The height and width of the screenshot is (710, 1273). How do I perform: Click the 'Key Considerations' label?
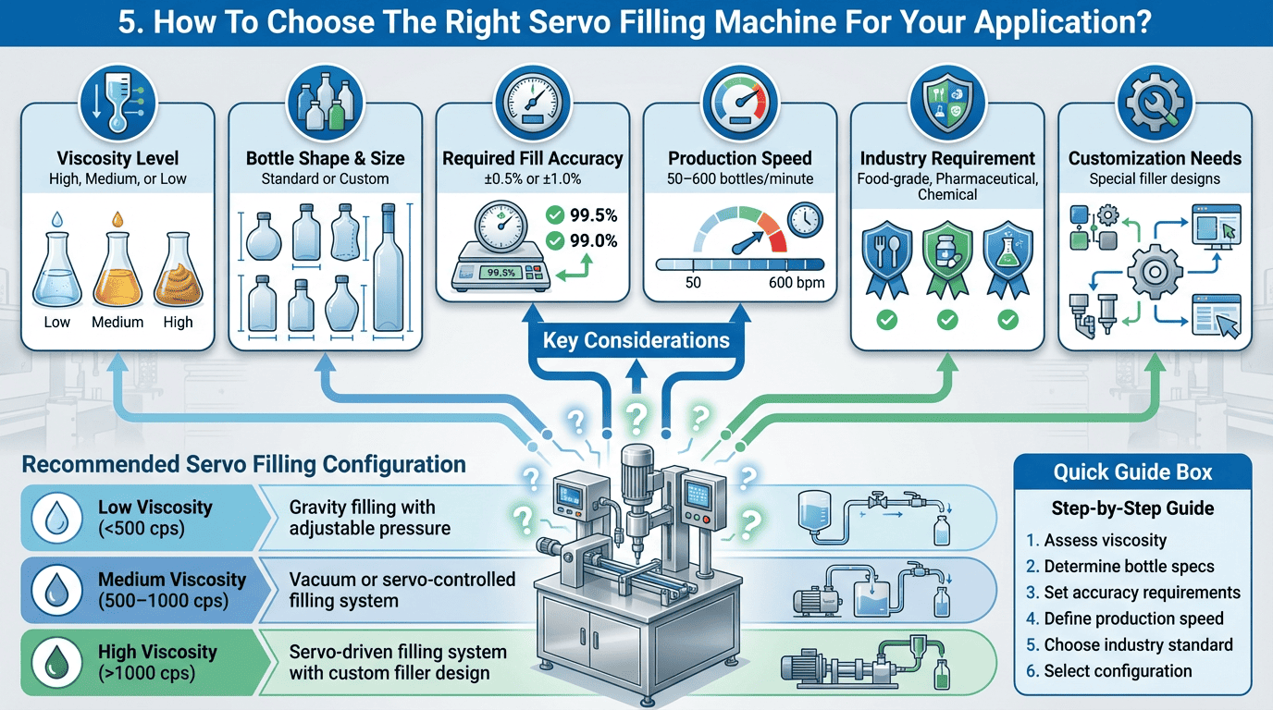coord(636,341)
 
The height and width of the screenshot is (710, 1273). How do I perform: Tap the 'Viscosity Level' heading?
coord(117,158)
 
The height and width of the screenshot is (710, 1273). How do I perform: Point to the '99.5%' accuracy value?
coord(593,216)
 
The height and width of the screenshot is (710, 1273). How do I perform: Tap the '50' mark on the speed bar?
coord(693,283)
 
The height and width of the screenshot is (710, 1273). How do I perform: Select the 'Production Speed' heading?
coord(739,158)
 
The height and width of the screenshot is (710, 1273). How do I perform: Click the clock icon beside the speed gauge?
coord(806,220)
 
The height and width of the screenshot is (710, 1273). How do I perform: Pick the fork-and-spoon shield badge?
coord(886,256)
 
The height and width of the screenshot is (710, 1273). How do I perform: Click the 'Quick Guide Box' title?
coord(1132,472)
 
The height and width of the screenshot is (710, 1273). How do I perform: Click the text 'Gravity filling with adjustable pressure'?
coord(369,518)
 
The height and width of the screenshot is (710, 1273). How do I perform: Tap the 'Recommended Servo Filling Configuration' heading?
coord(243,464)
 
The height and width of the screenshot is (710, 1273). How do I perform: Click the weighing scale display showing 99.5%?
coord(500,273)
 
